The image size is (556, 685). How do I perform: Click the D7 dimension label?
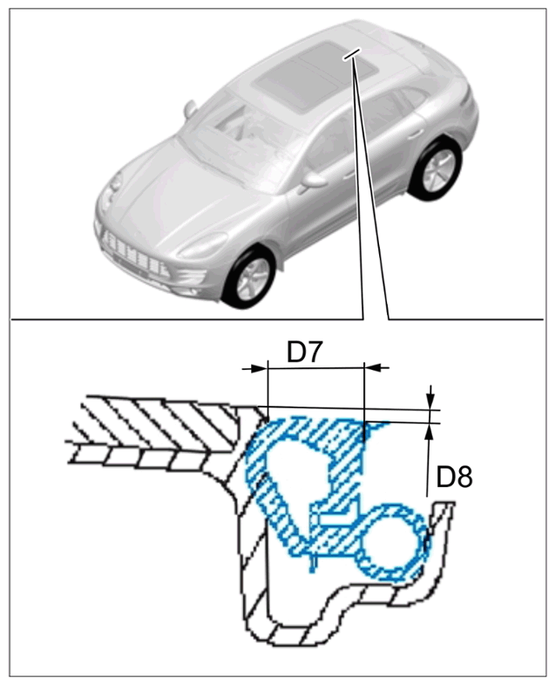(305, 353)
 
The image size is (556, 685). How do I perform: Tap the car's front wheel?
(248, 277)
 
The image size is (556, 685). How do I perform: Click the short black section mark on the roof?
(353, 54)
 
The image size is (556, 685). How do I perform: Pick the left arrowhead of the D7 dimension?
(254, 369)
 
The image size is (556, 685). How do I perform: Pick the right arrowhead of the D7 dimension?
(376, 368)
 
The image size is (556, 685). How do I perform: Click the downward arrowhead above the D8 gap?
(431, 398)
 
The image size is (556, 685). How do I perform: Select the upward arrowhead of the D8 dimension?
(430, 433)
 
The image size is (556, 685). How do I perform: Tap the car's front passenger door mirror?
(190, 109)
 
